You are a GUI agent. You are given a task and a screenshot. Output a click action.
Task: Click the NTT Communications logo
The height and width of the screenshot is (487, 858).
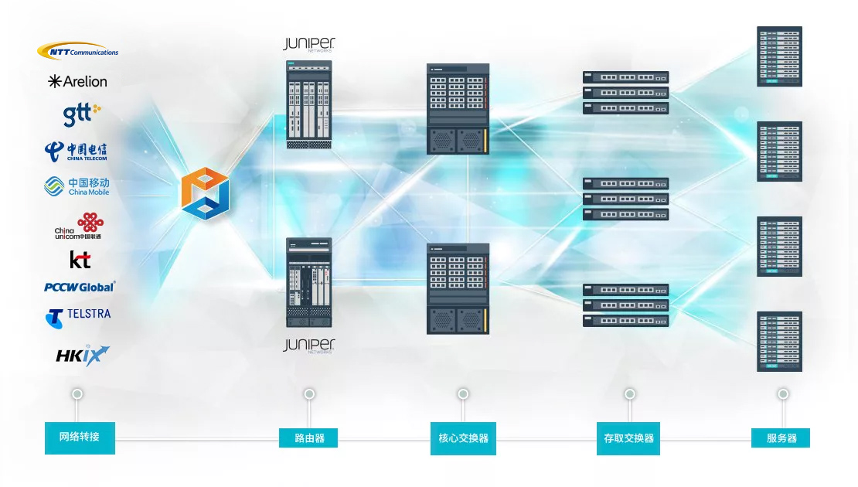[78, 51]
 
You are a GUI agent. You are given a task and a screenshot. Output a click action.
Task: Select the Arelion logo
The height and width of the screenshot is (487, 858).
[77, 81]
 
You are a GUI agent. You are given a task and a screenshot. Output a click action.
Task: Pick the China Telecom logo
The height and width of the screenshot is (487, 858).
[76, 151]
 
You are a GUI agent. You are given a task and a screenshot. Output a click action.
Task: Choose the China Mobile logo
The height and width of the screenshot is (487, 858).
[77, 186]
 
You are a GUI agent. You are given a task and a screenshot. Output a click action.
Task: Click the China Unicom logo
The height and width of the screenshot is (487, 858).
[79, 226]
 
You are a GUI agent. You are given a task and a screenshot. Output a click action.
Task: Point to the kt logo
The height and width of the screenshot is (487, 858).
[80, 259]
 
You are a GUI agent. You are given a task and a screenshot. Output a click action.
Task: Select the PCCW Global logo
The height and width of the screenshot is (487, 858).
[80, 287]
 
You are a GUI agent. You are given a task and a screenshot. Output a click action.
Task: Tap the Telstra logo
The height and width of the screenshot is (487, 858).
[78, 315]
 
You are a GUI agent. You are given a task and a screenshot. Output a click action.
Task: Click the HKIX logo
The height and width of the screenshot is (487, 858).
[82, 355]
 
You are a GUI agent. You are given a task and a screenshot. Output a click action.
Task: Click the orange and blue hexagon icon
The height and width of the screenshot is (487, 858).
[206, 192]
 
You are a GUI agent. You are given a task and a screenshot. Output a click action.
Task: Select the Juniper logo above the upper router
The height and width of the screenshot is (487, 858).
[309, 45]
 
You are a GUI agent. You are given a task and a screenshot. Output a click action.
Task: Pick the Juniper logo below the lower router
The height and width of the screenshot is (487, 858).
[309, 345]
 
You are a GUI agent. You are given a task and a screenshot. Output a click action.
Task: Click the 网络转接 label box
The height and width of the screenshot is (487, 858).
[80, 438]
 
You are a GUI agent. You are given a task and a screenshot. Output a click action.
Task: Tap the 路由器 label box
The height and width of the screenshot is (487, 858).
[309, 438]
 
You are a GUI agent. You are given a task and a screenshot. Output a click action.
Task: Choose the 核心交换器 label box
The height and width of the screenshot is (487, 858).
[463, 438]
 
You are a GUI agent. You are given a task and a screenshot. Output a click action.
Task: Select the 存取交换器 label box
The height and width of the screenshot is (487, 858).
[628, 438]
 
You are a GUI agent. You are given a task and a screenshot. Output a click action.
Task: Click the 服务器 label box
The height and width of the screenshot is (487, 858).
[781, 438]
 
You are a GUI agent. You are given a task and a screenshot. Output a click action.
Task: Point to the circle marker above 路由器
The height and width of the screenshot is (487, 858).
[309, 394]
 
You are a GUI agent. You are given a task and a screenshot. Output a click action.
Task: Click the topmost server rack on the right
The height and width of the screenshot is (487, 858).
[779, 56]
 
